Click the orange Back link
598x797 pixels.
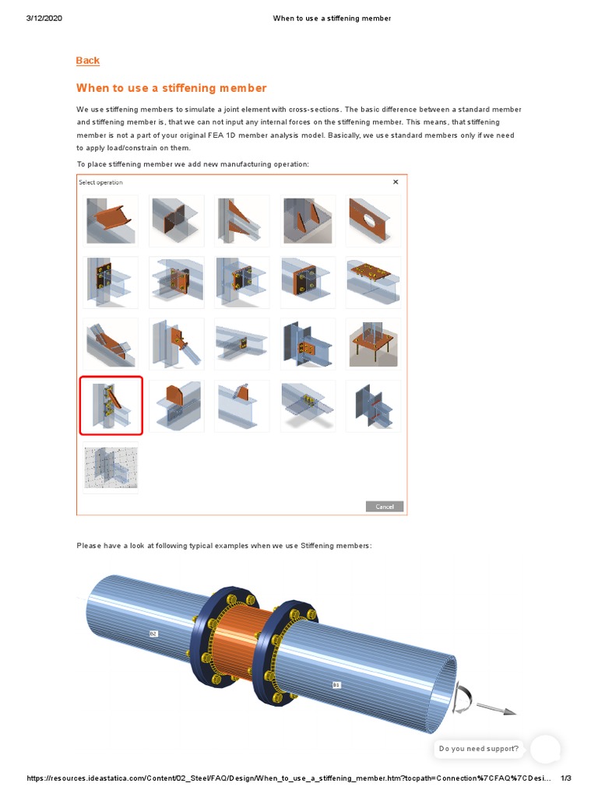click(x=88, y=61)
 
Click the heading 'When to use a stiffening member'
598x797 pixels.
click(x=171, y=88)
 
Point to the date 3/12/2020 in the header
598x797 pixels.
click(x=44, y=18)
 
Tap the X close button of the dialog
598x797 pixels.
click(x=396, y=182)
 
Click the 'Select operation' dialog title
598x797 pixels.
click(x=100, y=182)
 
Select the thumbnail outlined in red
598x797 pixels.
click(x=111, y=406)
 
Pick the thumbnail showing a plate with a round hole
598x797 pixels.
click(x=374, y=220)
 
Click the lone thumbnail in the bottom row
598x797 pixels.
click(x=111, y=468)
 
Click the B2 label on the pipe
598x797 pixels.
click(x=153, y=634)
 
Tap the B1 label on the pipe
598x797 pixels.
click(x=336, y=685)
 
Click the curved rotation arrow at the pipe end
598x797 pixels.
click(x=463, y=699)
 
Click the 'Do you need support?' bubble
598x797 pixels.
click(x=478, y=749)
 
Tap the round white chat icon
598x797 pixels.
click(x=545, y=749)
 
